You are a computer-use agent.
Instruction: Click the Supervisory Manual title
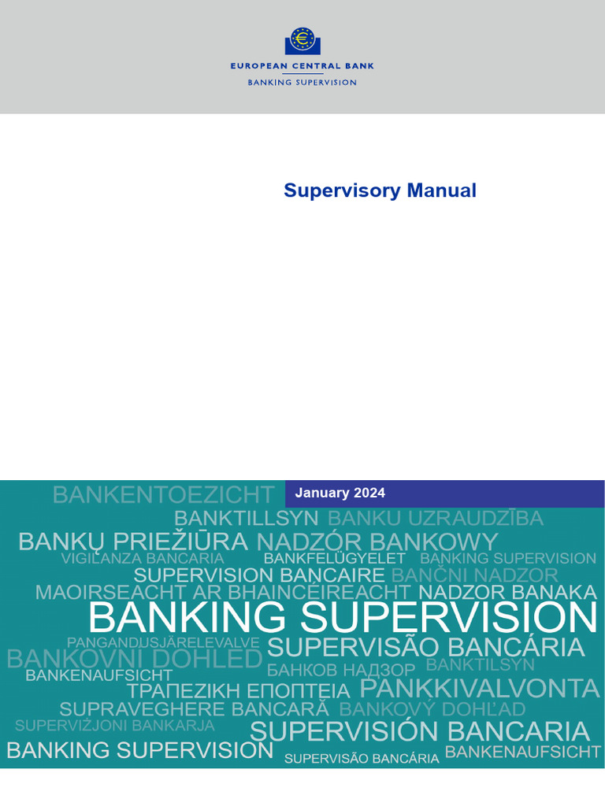coord(380,190)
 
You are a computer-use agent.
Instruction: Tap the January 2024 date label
coord(340,494)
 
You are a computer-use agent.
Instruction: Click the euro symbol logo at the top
coord(302,40)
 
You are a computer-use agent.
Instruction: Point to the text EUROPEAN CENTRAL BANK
coord(302,66)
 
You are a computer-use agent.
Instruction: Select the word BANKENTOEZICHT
coord(163,495)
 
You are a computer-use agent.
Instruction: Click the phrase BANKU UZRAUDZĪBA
coord(436,519)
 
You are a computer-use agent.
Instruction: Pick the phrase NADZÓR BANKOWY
coord(377,542)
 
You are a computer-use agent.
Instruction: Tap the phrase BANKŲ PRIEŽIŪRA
coord(132,542)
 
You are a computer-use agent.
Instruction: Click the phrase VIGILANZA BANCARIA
coord(143,558)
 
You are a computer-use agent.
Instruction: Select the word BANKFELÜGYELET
coord(335,558)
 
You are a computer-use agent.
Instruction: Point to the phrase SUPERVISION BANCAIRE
coord(259,575)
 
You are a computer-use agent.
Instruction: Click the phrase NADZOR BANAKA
coord(508,592)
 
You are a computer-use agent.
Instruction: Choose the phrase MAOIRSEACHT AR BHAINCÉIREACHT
coord(223,593)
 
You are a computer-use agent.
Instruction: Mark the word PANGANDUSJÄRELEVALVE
coord(163,643)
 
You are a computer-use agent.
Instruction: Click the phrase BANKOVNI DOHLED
coord(134,660)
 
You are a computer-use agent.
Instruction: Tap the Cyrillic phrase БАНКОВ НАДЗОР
coord(340,671)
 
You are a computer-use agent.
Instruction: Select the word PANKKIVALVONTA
coord(480,689)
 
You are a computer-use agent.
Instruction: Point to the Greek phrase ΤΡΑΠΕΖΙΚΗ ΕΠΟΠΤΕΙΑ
coord(238,691)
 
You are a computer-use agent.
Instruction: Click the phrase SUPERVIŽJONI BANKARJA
coord(114,725)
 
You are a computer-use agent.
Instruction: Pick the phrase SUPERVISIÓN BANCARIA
coord(419,731)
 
